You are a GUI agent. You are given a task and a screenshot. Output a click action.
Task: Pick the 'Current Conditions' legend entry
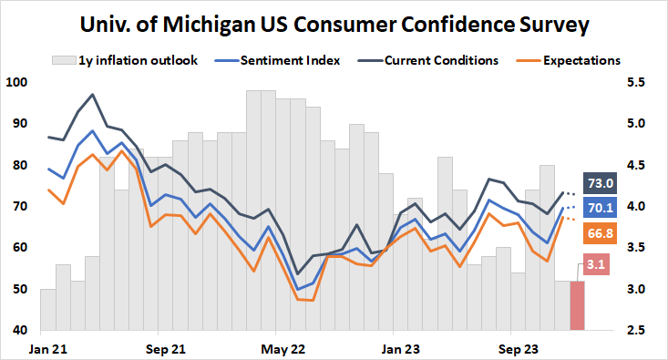441,61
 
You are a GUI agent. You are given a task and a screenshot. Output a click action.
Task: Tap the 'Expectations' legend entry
581,61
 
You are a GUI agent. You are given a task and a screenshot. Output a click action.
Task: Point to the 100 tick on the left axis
17,83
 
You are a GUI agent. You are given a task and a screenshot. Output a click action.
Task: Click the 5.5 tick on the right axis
635,83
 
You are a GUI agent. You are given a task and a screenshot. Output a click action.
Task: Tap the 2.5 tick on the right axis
635,331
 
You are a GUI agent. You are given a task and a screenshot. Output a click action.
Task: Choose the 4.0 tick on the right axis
635,207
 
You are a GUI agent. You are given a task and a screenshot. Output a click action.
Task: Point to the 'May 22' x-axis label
283,349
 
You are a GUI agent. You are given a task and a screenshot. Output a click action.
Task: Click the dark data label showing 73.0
601,183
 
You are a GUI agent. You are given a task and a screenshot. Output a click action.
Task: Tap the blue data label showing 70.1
601,208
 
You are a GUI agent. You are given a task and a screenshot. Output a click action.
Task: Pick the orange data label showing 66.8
601,234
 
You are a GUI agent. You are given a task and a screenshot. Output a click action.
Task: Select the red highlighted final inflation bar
577,306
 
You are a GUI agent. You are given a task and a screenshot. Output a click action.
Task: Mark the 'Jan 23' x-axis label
400,349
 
